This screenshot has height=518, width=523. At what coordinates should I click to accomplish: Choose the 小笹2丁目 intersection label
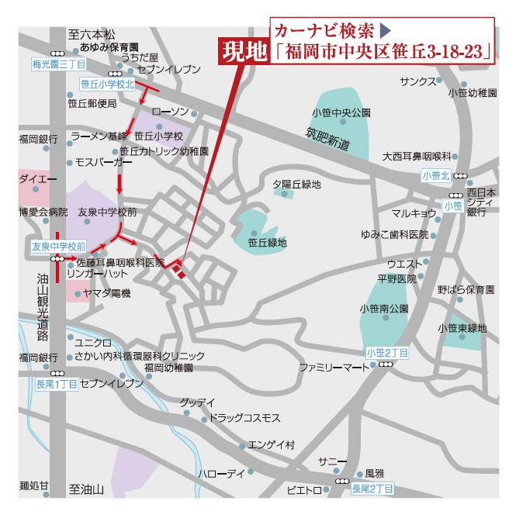point(387,353)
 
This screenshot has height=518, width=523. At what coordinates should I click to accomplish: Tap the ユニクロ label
point(93,342)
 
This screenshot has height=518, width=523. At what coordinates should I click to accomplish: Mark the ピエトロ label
point(303,490)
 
